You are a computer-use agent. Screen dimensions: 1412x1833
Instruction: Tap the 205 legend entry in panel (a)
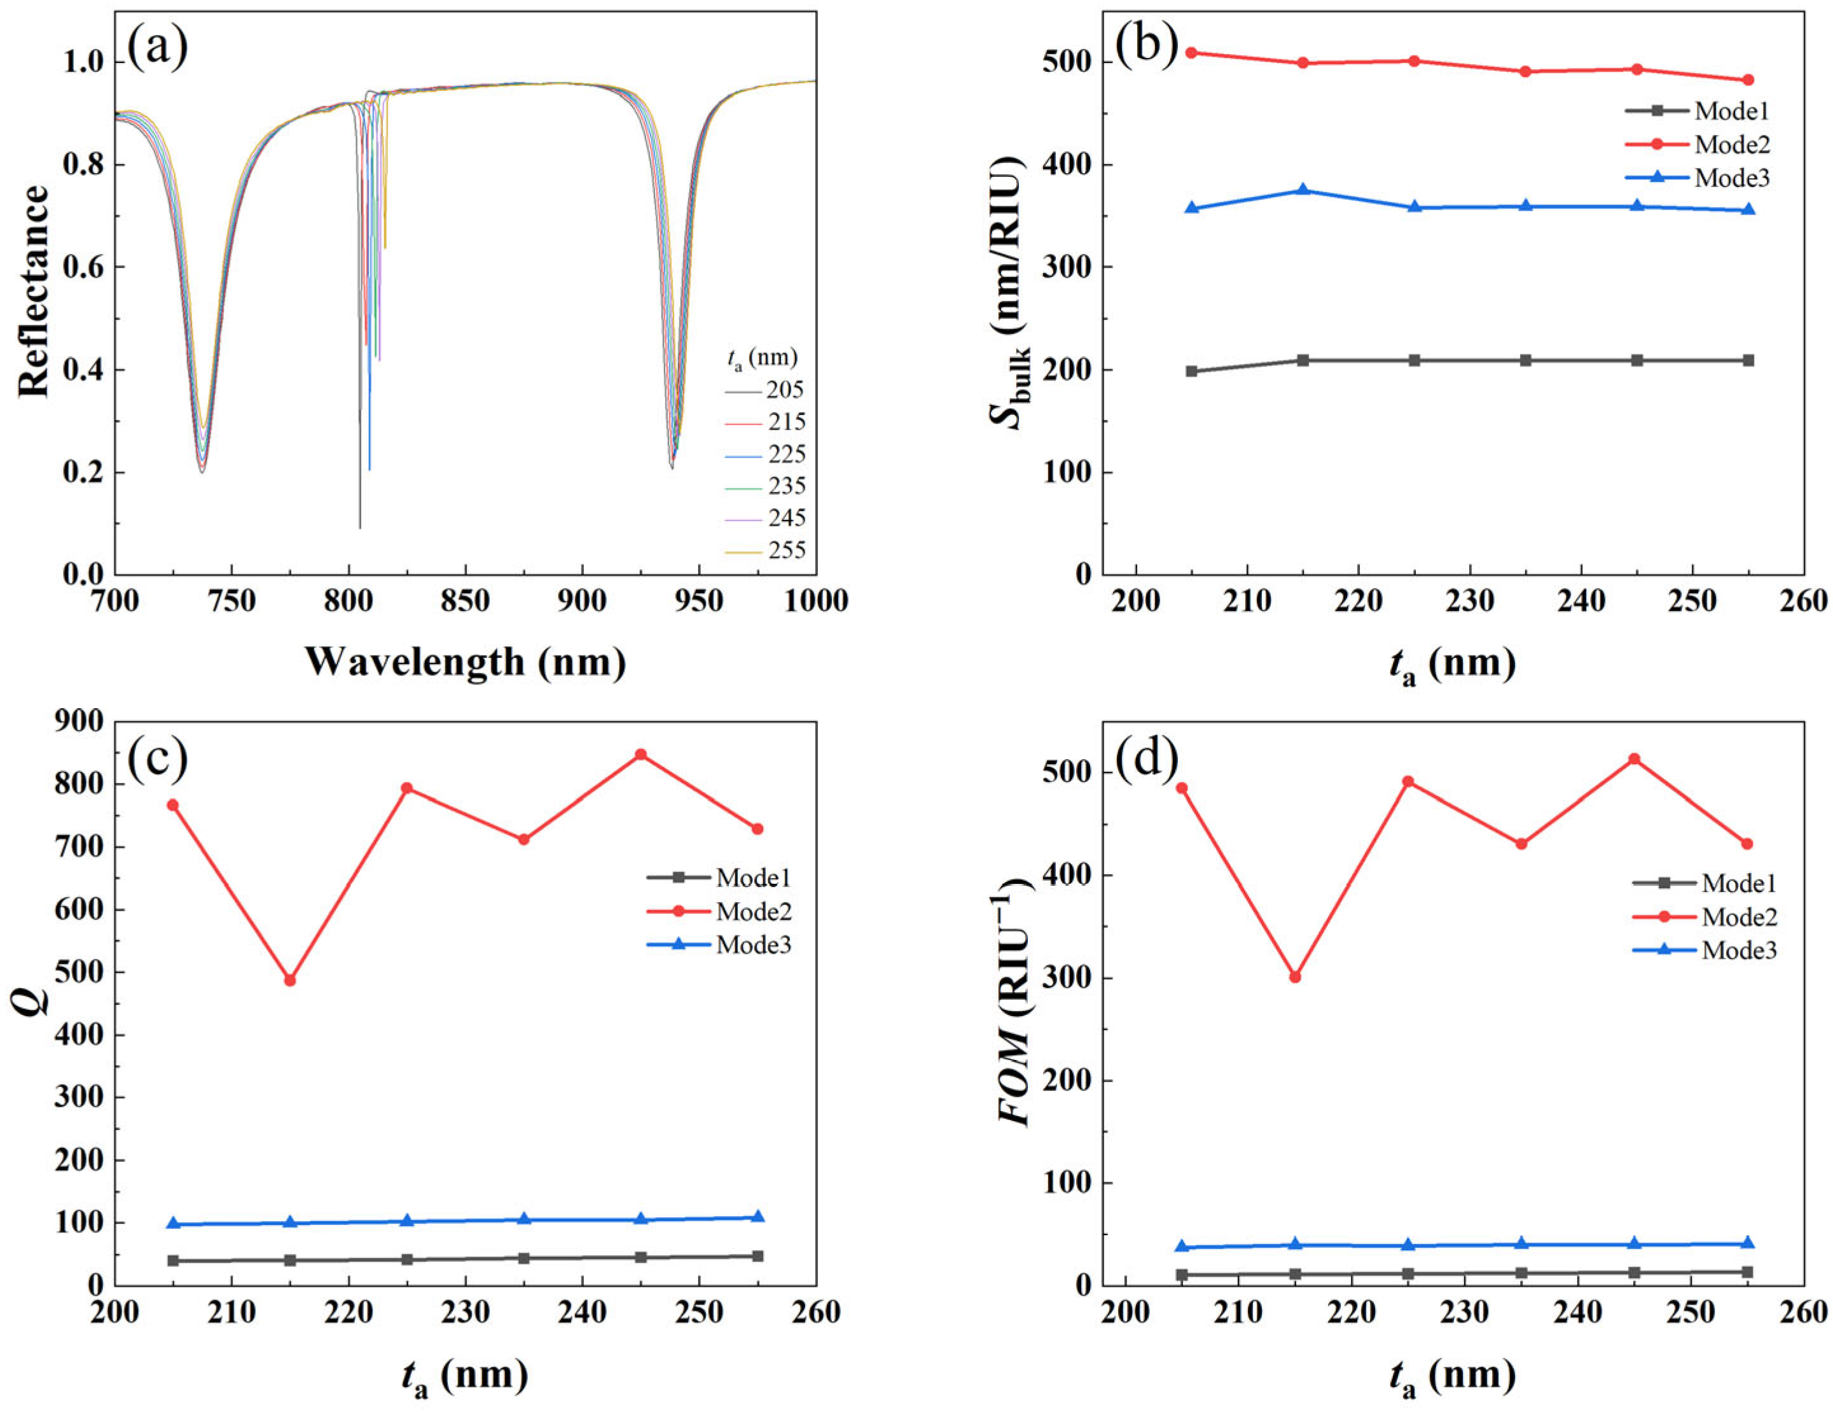point(785,389)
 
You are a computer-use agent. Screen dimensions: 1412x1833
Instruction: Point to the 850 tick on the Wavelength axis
point(465,601)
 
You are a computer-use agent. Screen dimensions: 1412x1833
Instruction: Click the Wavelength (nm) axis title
point(465,662)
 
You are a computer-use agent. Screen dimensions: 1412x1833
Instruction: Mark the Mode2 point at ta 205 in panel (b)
point(1191,53)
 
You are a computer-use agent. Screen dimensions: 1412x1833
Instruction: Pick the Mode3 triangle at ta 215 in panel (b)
point(1303,190)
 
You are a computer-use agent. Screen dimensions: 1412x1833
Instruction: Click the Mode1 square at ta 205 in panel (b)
point(1191,371)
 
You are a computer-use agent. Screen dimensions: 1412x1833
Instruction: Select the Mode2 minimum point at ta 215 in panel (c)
point(289,980)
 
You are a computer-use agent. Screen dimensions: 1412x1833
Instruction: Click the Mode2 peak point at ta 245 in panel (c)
point(640,754)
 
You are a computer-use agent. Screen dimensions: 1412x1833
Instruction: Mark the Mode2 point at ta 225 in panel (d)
point(1408,781)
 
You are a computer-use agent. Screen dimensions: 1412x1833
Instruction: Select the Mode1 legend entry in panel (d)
point(1738,883)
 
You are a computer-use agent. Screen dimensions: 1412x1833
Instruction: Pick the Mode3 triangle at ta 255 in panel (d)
point(1747,1243)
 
